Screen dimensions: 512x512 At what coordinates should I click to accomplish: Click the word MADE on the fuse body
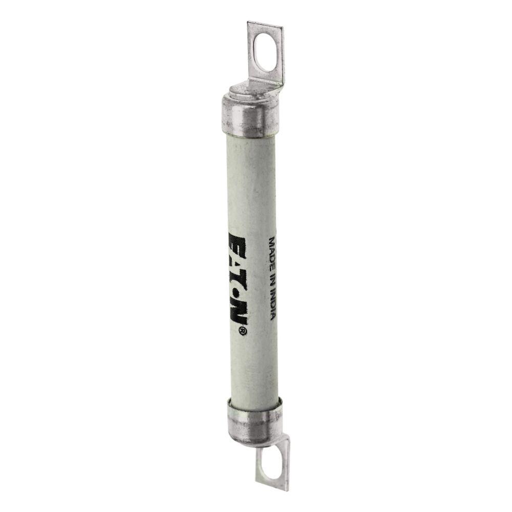(272, 250)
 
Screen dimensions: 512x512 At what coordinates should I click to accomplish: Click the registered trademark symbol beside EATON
(243, 332)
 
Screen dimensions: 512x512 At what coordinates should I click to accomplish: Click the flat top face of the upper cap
(241, 93)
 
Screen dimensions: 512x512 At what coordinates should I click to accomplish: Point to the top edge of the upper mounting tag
(265, 25)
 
